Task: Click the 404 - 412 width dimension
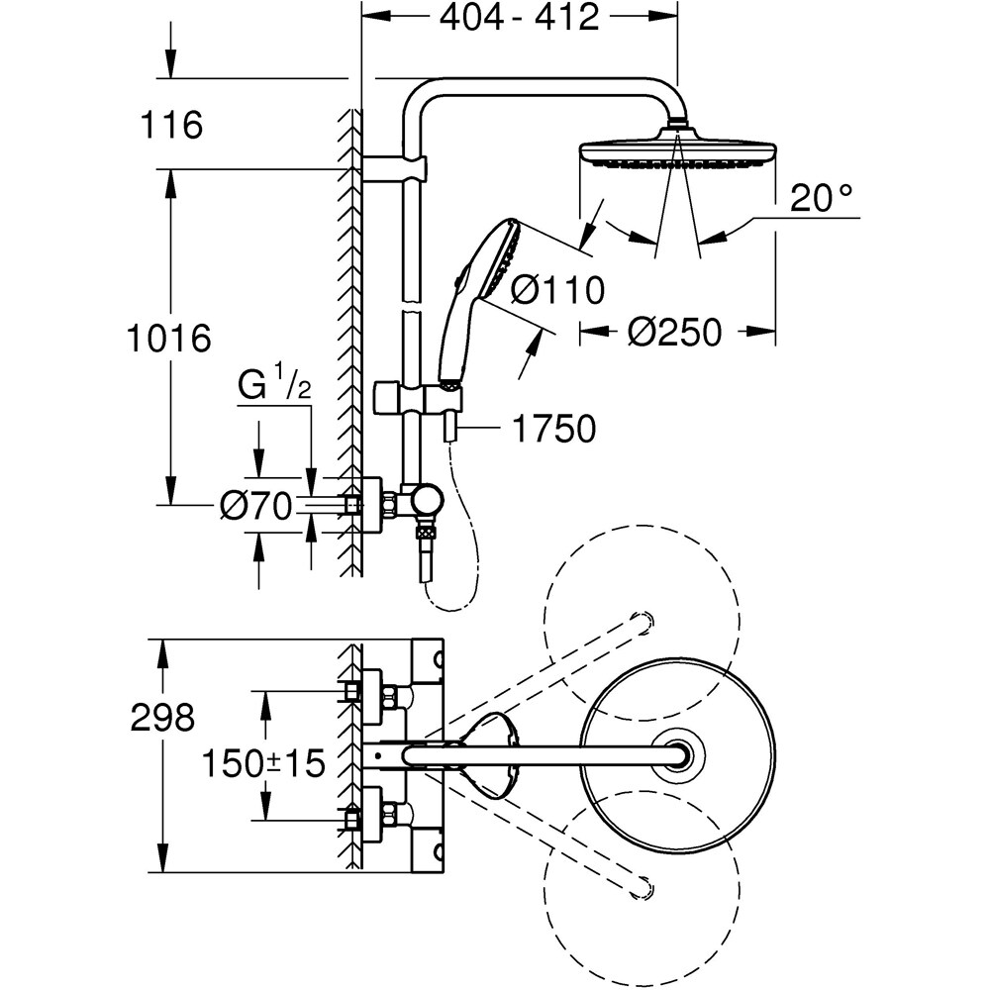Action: pos(519,17)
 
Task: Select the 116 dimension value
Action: pos(169,126)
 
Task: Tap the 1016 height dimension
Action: pos(169,339)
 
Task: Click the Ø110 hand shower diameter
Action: pos(557,291)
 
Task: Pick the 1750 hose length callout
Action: pos(553,429)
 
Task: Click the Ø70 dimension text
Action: pos(255,507)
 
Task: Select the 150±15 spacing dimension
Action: pos(263,762)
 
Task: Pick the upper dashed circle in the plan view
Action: pos(642,622)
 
